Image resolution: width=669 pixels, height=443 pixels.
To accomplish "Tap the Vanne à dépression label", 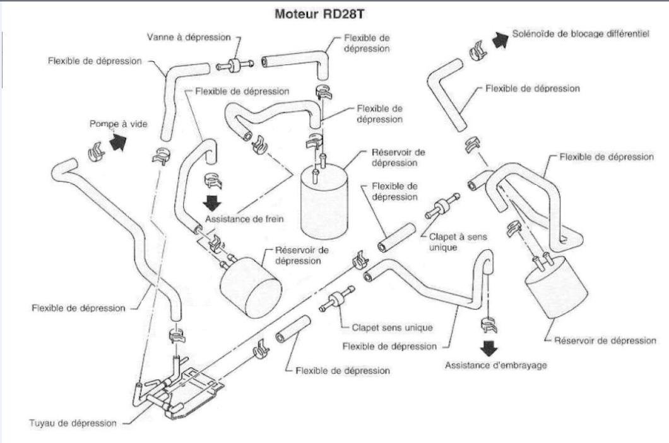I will (189, 38).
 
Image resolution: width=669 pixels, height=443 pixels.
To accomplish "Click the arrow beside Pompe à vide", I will (117, 143).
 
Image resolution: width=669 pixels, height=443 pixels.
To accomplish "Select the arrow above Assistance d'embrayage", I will (488, 347).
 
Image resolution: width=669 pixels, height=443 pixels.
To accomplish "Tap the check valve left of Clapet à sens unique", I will (441, 206).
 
